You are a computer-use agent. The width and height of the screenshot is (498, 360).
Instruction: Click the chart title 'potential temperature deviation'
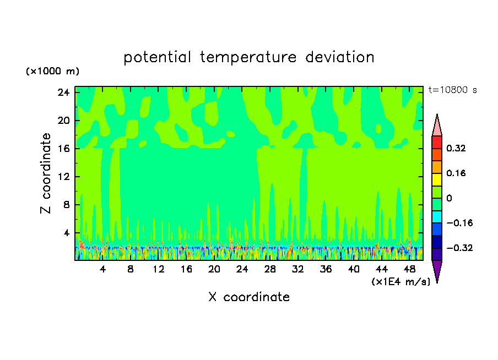[x=248, y=57]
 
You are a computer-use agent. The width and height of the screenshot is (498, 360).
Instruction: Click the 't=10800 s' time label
[x=453, y=90]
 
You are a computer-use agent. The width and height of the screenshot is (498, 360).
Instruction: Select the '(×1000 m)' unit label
[x=52, y=71]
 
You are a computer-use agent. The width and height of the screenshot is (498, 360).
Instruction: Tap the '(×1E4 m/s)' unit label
[x=401, y=281]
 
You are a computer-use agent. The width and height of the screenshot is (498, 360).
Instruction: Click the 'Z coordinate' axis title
[x=45, y=173]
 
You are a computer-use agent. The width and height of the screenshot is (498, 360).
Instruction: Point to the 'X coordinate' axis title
[x=249, y=297]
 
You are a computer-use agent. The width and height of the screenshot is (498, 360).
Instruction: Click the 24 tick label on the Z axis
[x=63, y=92]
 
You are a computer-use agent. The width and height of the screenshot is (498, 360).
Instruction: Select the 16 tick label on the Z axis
[x=64, y=149]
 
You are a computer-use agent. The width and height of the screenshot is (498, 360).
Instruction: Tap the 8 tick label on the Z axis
[x=66, y=205]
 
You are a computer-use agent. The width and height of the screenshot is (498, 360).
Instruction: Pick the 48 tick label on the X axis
[x=409, y=269]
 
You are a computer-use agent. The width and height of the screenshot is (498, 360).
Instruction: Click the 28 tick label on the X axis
[x=270, y=269]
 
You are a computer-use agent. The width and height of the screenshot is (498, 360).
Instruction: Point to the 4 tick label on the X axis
[x=102, y=269]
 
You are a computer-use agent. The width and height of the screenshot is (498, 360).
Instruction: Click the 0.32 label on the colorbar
[x=456, y=148]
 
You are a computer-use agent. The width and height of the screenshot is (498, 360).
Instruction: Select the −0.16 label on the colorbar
[x=459, y=223]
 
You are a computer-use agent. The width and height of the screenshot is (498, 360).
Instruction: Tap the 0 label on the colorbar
[x=449, y=198]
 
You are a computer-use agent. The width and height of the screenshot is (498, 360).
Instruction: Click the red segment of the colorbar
[x=437, y=142]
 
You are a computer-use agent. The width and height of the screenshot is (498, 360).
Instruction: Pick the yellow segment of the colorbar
[x=437, y=179]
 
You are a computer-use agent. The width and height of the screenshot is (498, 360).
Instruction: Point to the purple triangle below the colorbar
[x=437, y=270]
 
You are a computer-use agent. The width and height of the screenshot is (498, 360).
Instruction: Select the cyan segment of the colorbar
[x=437, y=217]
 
